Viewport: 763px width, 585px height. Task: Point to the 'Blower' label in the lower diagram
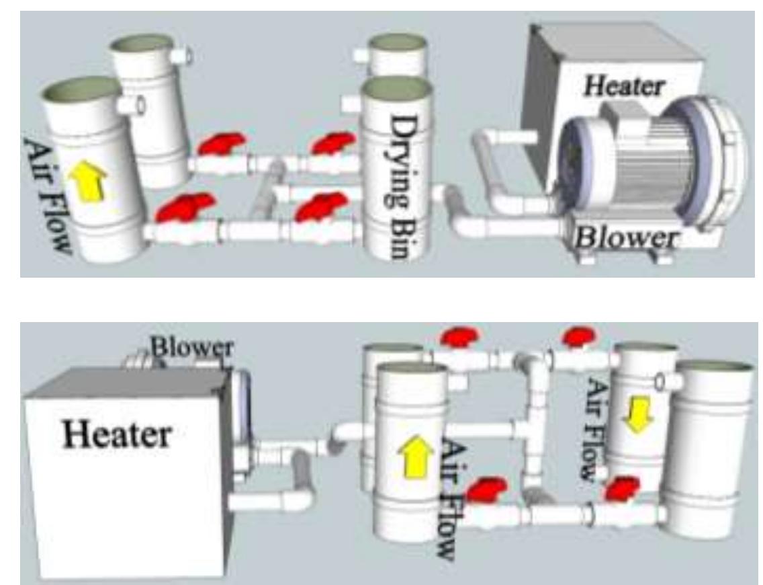191,348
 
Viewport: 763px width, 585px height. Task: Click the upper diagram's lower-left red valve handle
181,208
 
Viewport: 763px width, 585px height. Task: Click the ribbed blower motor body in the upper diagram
650,159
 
